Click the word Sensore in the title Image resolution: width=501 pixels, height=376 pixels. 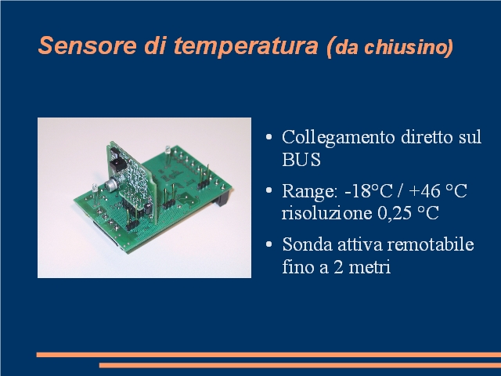87,45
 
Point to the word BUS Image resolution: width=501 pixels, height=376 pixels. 301,159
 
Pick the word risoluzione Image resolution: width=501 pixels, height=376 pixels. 326,212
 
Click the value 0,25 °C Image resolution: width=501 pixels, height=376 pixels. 408,213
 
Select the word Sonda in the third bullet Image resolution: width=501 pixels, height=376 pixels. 307,244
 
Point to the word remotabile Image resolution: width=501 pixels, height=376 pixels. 431,244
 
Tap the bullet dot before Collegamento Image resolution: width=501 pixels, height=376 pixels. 269,138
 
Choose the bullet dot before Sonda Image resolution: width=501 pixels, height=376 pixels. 269,244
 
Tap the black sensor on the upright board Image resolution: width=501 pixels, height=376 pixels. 116,165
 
